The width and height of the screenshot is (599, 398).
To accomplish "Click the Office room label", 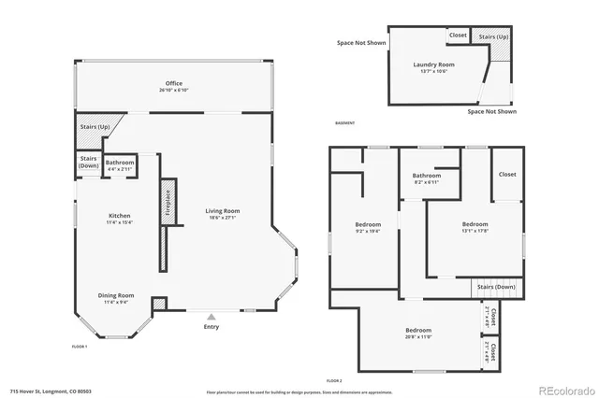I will pyautogui.click(x=174, y=83).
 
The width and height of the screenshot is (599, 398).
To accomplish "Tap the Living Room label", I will pyautogui.click(x=223, y=211).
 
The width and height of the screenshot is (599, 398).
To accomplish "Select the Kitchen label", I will pyautogui.click(x=119, y=216).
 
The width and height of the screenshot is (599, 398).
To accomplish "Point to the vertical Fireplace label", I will pyautogui.click(x=168, y=205).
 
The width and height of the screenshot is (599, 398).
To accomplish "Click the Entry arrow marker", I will pyautogui.click(x=212, y=317).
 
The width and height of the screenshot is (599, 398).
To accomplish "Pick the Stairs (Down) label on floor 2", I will pyautogui.click(x=496, y=287).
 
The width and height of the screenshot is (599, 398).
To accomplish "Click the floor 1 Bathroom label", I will pyautogui.click(x=120, y=163).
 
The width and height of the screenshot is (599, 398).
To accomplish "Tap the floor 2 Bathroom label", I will pyautogui.click(x=427, y=176).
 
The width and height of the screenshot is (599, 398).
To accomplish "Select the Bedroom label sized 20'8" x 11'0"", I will pyautogui.click(x=418, y=331).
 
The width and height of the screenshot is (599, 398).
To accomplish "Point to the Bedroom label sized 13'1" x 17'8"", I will pyautogui.click(x=475, y=224).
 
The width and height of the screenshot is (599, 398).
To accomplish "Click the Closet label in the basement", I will pyautogui.click(x=458, y=36).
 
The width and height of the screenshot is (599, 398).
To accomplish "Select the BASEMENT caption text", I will pyautogui.click(x=344, y=122).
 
